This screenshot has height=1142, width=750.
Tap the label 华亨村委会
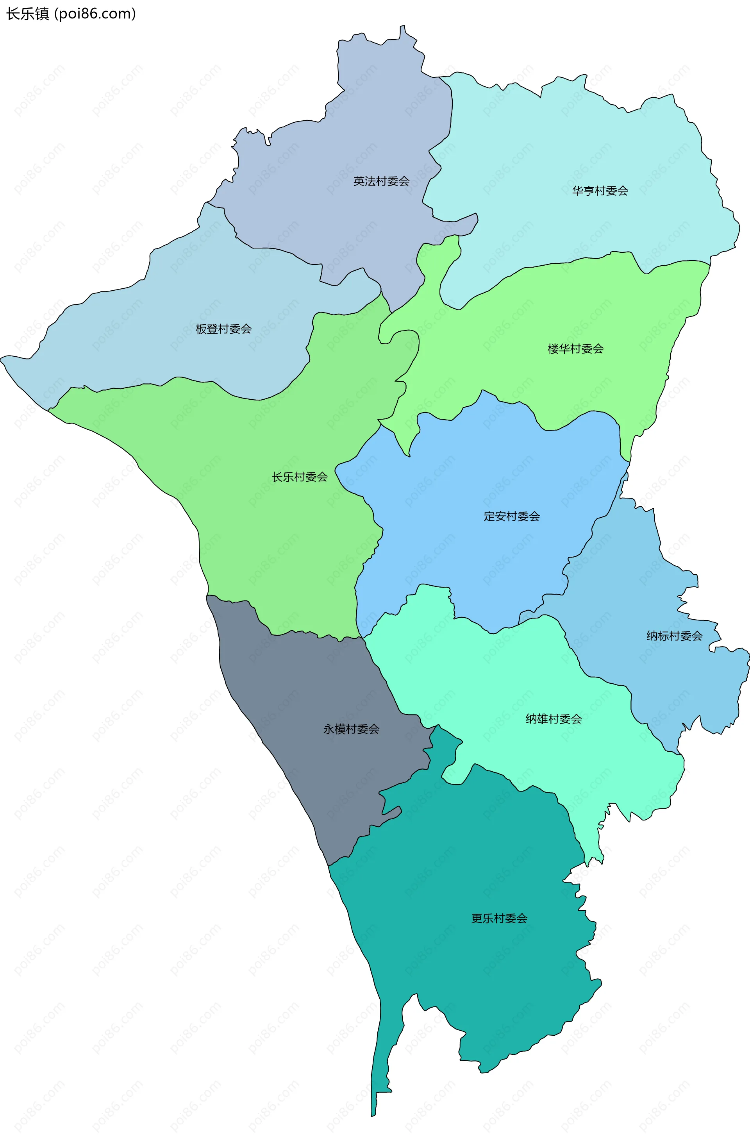(x=600, y=191)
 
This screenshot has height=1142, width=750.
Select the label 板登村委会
(x=223, y=329)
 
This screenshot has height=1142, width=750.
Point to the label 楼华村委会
(x=575, y=349)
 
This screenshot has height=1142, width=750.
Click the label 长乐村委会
(x=300, y=477)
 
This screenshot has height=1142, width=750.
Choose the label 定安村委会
(x=511, y=516)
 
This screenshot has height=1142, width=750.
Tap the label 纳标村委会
(x=674, y=636)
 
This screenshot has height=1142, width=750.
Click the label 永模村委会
(x=351, y=729)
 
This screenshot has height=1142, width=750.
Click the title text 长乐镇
(x=27, y=14)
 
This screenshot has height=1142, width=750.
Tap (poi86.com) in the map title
(x=95, y=14)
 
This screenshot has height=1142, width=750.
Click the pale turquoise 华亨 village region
(x=576, y=144)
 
